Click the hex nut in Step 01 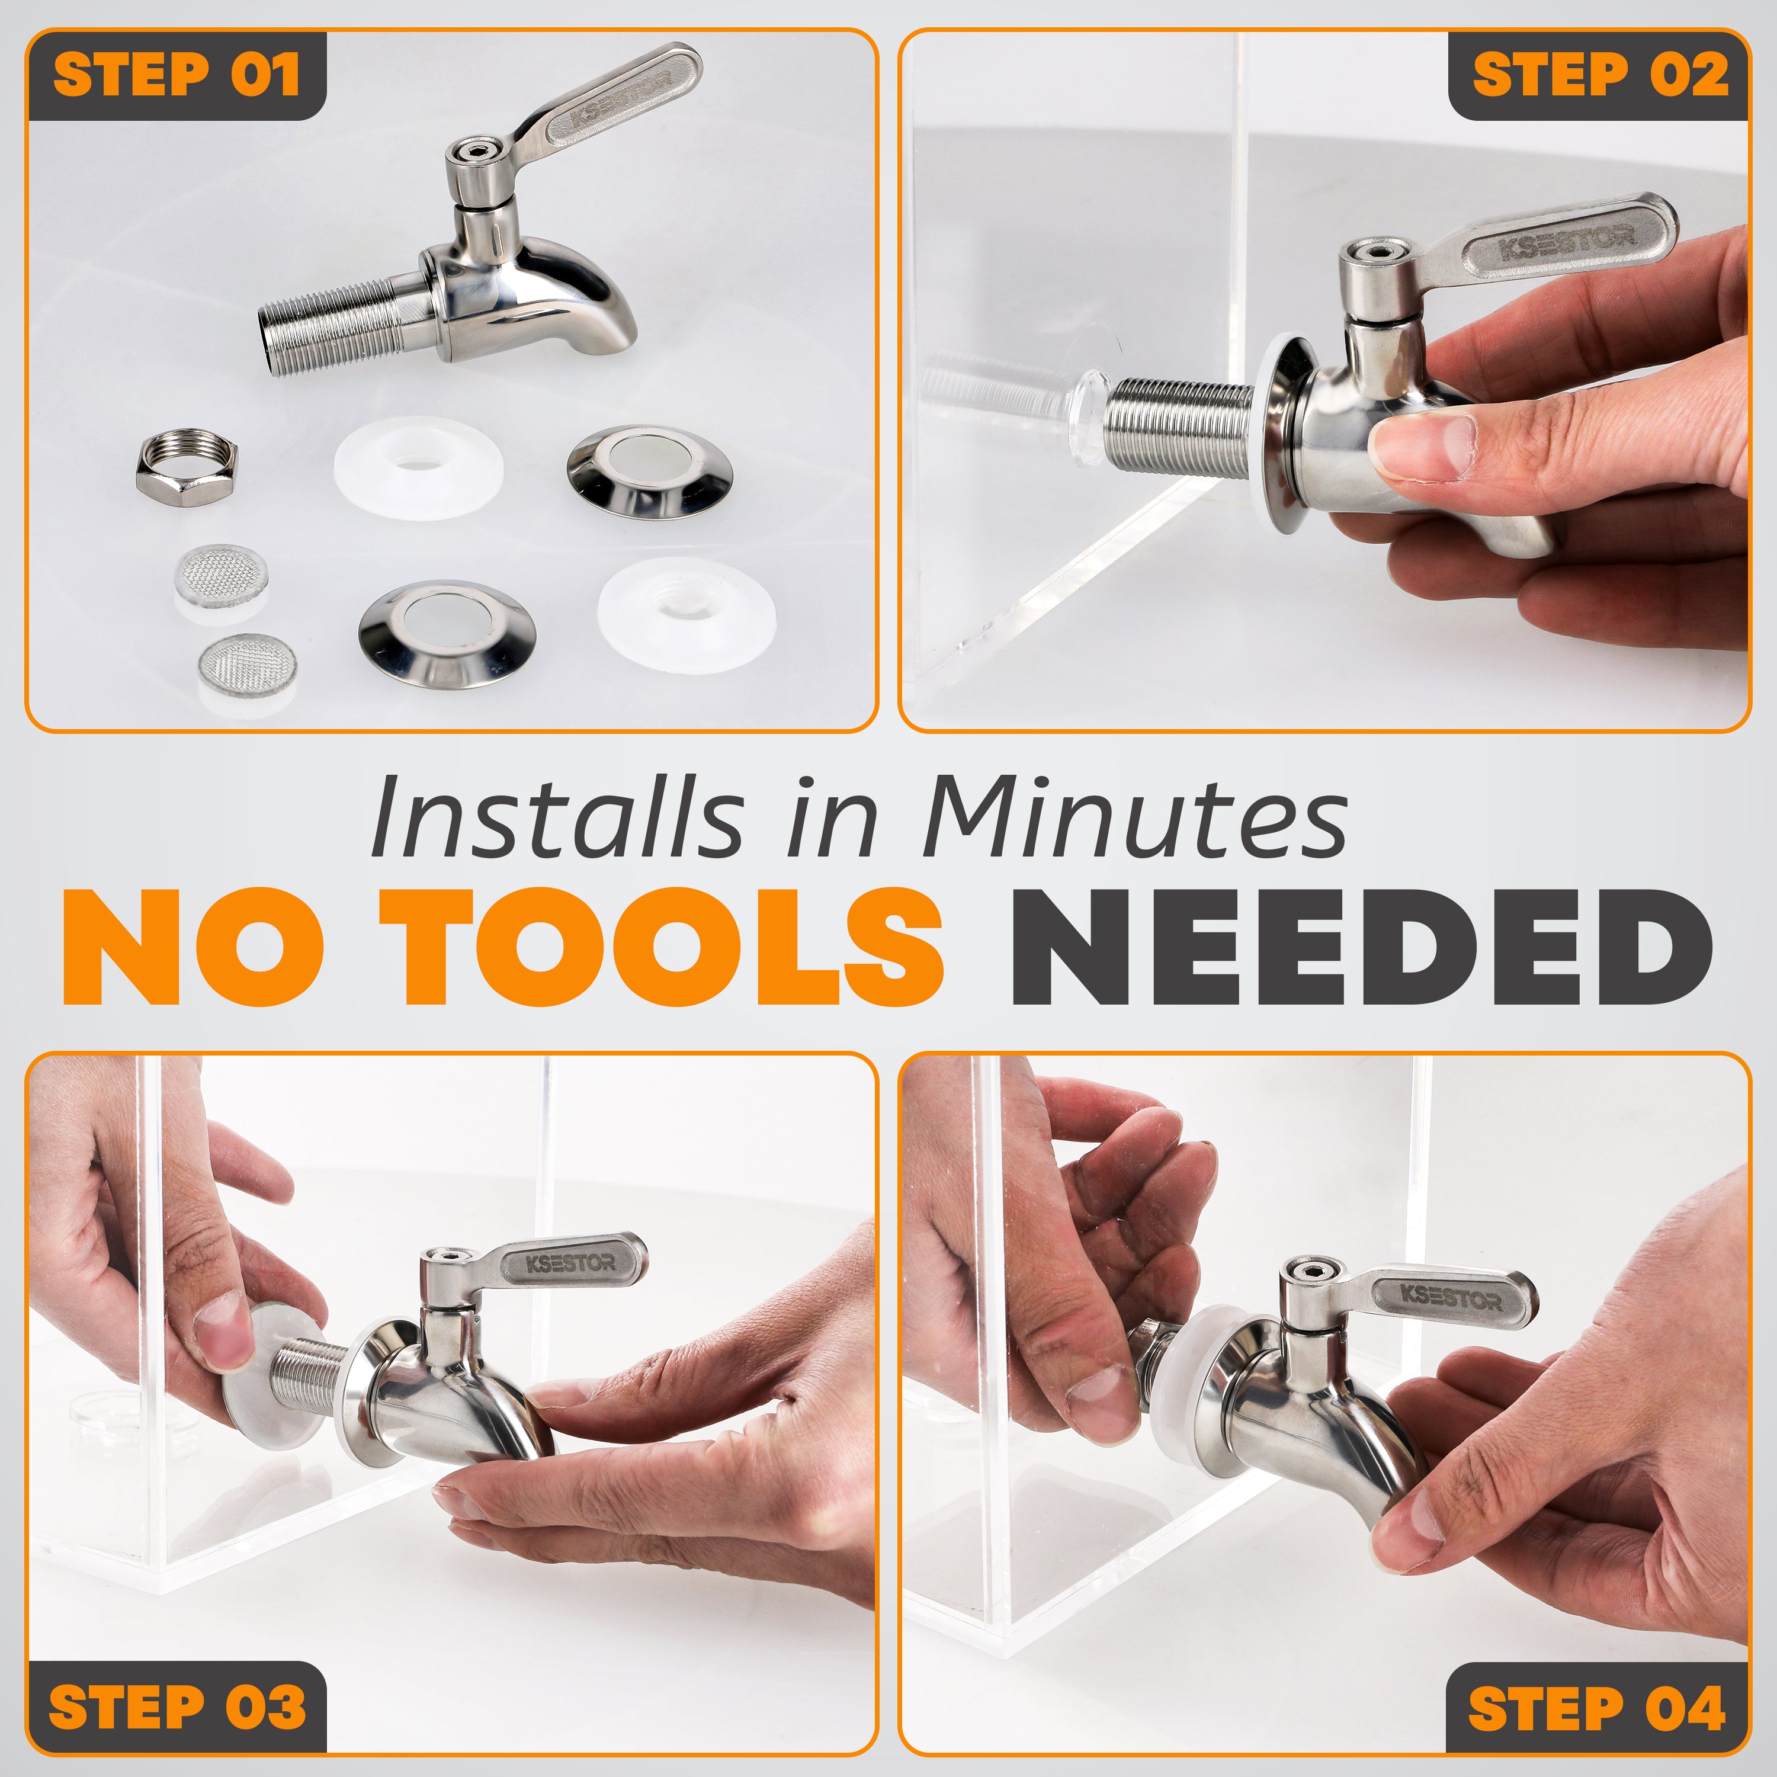click(187, 466)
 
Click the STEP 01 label click(176, 75)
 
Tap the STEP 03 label click(176, 1706)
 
